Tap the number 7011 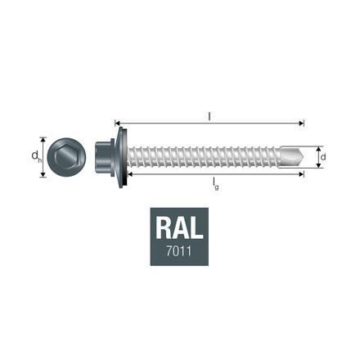pyautogui.click(x=179, y=250)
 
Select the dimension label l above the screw pyautogui.click(x=209, y=116)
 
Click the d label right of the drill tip pyautogui.click(x=324, y=155)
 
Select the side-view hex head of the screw pyautogui.click(x=109, y=155)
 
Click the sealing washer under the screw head pyautogui.click(x=123, y=155)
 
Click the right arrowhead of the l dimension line pyautogui.click(x=302, y=123)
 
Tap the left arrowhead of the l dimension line pyautogui.click(x=117, y=123)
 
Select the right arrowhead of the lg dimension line pyautogui.click(x=302, y=175)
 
